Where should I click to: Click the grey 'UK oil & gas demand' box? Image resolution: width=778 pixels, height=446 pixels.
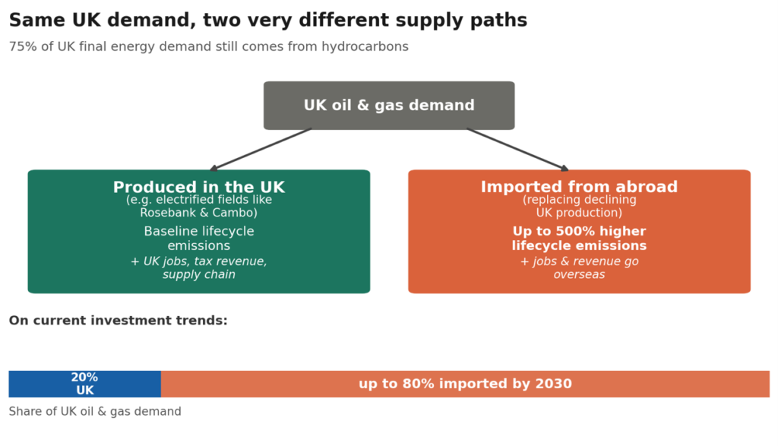[389, 106]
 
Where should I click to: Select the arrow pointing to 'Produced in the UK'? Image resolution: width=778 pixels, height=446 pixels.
[261, 150]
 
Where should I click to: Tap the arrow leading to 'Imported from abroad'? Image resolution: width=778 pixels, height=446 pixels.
[517, 150]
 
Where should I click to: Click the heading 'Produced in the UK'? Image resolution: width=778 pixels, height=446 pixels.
[199, 187]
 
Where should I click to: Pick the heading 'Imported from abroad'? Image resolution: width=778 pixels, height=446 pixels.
[579, 187]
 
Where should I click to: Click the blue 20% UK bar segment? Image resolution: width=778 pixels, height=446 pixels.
[85, 384]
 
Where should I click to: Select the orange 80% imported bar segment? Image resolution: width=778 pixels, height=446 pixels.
[466, 384]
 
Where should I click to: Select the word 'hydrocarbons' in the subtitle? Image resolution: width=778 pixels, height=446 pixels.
[365, 46]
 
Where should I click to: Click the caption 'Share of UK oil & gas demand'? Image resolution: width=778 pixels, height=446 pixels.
[95, 412]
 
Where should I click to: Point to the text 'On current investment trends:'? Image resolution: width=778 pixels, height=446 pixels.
[118, 321]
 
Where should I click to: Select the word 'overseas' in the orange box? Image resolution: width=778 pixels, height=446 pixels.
[579, 274]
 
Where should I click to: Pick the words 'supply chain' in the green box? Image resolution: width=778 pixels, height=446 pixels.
[199, 274]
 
